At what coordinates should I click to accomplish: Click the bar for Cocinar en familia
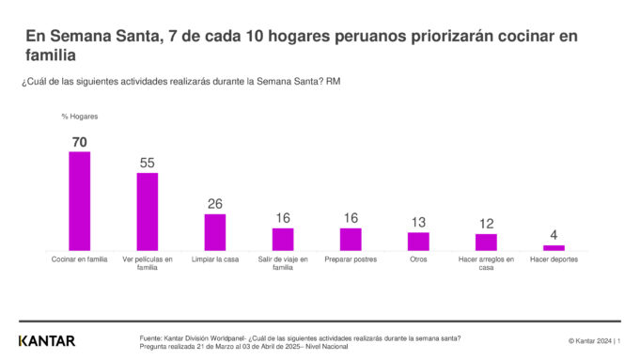pyautogui.click(x=79, y=200)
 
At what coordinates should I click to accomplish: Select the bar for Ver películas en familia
pyautogui.click(x=147, y=211)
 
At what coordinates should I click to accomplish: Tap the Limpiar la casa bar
pyautogui.click(x=215, y=231)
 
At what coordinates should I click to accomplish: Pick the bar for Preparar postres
pyautogui.click(x=351, y=239)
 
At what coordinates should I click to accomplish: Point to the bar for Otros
pyautogui.click(x=418, y=241)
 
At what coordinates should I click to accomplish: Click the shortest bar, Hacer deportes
pyautogui.click(x=554, y=247)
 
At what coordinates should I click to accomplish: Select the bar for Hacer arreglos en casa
pyautogui.click(x=486, y=242)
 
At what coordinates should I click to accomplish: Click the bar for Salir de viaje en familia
pyautogui.click(x=283, y=239)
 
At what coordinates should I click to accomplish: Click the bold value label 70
pyautogui.click(x=79, y=142)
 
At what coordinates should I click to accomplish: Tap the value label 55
pyautogui.click(x=147, y=163)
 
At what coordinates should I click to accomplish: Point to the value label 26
pyautogui.click(x=215, y=204)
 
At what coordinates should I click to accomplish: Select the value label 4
pyautogui.click(x=554, y=235)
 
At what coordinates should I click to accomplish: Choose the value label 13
pyautogui.click(x=418, y=222)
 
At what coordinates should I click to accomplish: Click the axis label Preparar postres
pyautogui.click(x=351, y=259)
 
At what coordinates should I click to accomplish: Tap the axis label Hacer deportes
pyautogui.click(x=554, y=259)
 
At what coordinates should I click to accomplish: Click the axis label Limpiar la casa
pyautogui.click(x=215, y=259)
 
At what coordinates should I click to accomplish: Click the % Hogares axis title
pyautogui.click(x=80, y=117)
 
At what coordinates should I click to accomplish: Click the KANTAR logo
pyautogui.click(x=46, y=340)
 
